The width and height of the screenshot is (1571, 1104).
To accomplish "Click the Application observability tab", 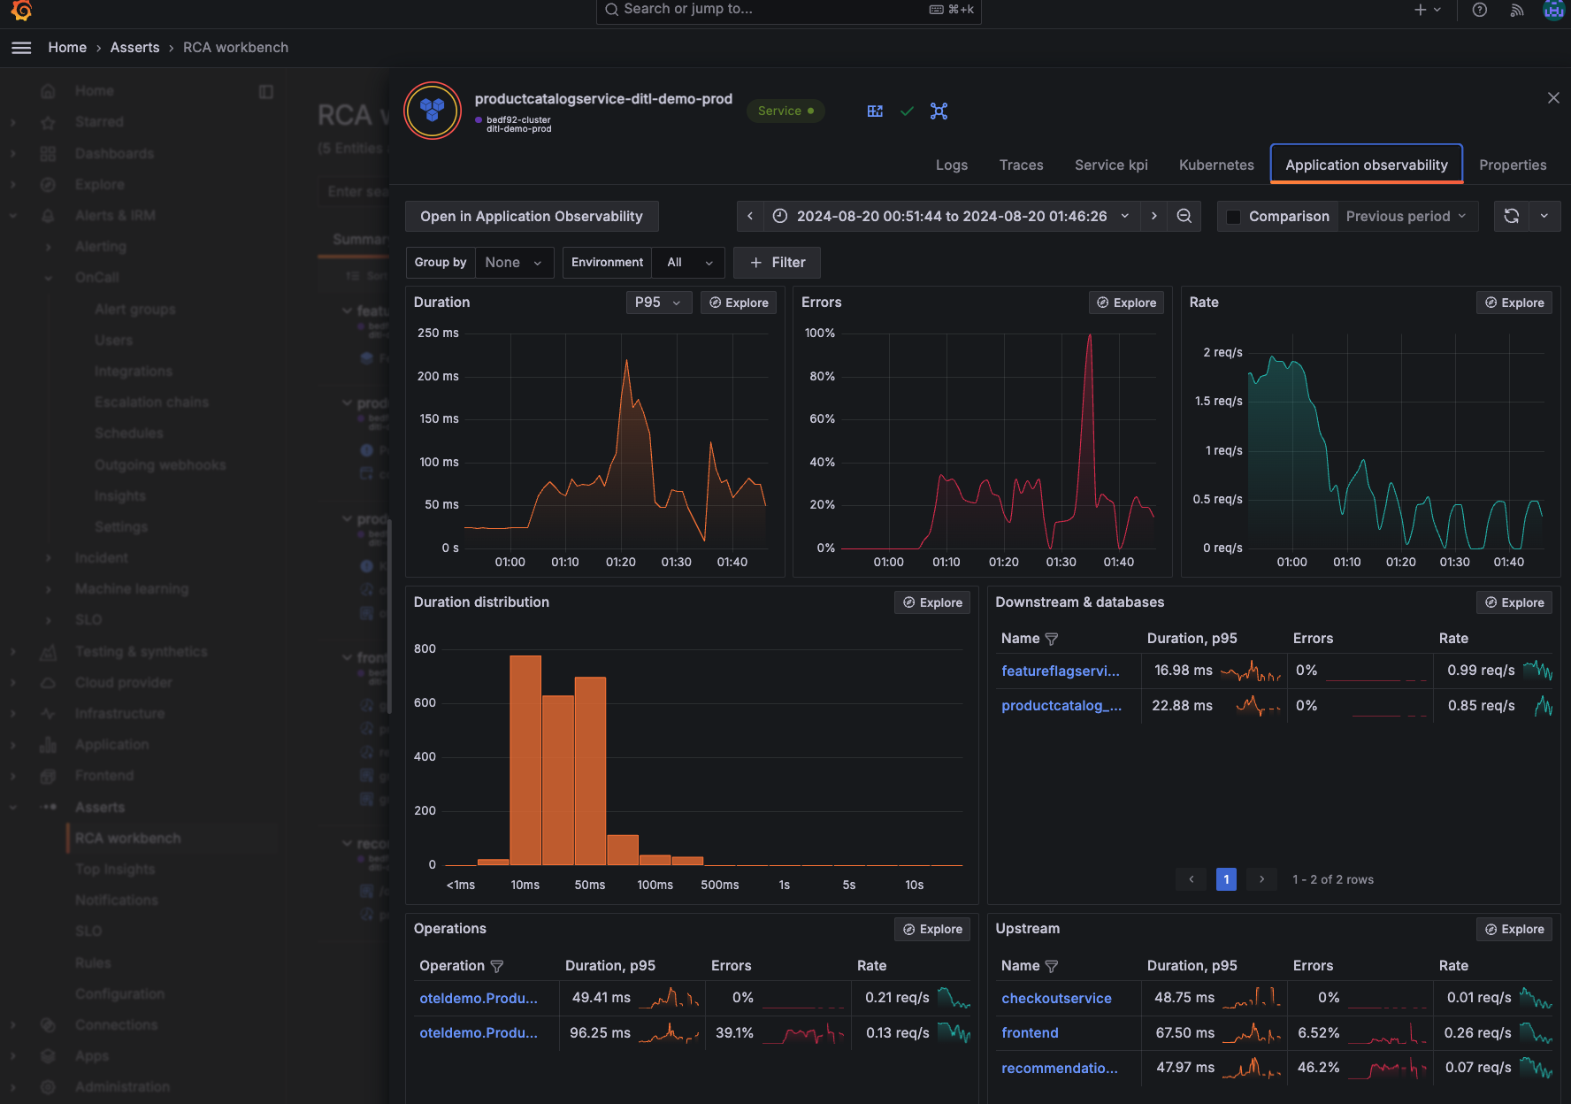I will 1366,165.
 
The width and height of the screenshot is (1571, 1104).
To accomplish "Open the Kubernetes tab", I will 1216,165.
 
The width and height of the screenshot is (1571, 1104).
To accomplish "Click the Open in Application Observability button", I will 531,217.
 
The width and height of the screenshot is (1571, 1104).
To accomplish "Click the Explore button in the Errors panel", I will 1126,303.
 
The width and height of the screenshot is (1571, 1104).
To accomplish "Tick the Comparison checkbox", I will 1233,217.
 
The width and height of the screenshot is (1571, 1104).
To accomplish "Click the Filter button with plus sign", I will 777,263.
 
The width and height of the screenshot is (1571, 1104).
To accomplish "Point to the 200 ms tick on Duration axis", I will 438,376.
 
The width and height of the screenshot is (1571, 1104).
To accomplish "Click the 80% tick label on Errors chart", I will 822,376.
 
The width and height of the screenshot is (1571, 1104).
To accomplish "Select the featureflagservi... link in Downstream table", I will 1060,671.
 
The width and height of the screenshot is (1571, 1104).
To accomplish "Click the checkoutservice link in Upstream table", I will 1056,998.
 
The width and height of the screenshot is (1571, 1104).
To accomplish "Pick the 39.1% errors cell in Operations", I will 734,1033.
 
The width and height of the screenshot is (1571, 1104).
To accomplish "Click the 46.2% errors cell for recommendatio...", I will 1318,1068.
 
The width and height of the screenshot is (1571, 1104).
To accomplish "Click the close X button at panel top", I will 1553,98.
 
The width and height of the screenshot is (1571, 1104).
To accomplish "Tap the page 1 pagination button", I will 1226,879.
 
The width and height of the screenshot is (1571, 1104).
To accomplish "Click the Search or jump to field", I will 787,10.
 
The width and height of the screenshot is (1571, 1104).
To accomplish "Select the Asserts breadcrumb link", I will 134,48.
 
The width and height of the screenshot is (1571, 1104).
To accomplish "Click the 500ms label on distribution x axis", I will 719,885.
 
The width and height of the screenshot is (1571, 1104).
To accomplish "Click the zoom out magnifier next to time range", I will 1184,217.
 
